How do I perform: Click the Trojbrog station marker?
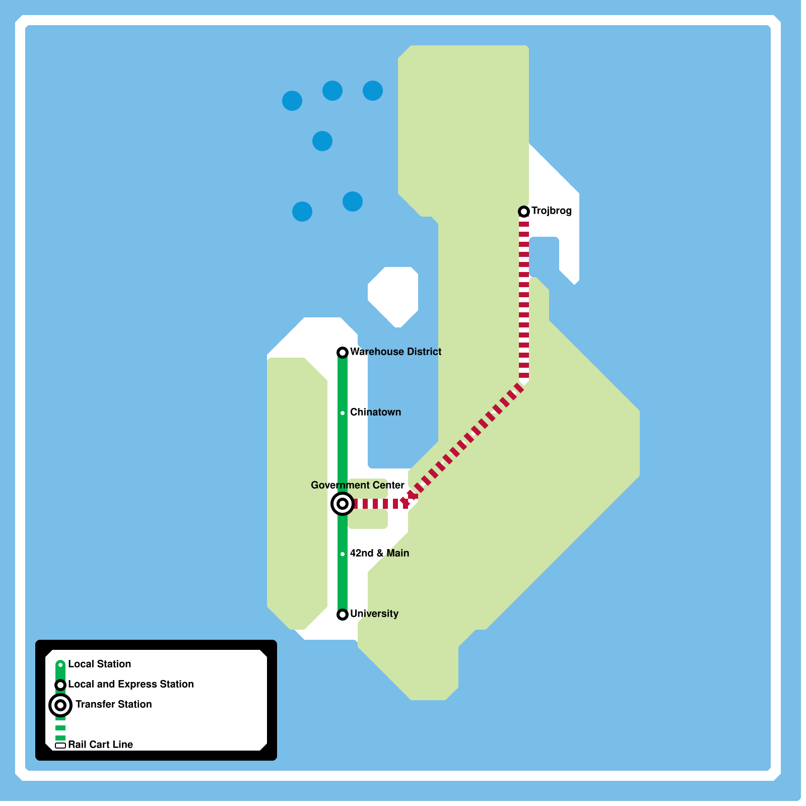pyautogui.click(x=524, y=212)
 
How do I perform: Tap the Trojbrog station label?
pyautogui.click(x=551, y=211)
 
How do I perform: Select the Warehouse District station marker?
pyautogui.click(x=343, y=353)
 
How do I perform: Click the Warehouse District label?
pyautogui.click(x=395, y=352)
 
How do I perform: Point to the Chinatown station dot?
pyautogui.click(x=343, y=413)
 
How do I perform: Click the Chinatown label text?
pyautogui.click(x=375, y=412)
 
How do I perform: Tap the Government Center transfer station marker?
pyautogui.click(x=343, y=504)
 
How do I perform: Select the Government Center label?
pyautogui.click(x=357, y=485)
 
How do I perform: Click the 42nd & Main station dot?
pyautogui.click(x=343, y=554)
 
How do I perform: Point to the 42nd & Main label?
pyautogui.click(x=379, y=553)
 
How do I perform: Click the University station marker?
pyautogui.click(x=343, y=615)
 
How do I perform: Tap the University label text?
pyautogui.click(x=374, y=614)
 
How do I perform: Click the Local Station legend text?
pyautogui.click(x=99, y=664)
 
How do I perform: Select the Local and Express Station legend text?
pyautogui.click(x=130, y=684)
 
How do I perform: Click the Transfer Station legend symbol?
pyautogui.click(x=60, y=705)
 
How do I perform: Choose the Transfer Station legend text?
pyautogui.click(x=113, y=704)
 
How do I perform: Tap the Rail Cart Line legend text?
pyautogui.click(x=100, y=745)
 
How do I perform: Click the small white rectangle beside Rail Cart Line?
pyautogui.click(x=60, y=746)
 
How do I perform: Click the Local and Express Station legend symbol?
pyautogui.click(x=60, y=685)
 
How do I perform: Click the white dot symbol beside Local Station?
pyautogui.click(x=60, y=665)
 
